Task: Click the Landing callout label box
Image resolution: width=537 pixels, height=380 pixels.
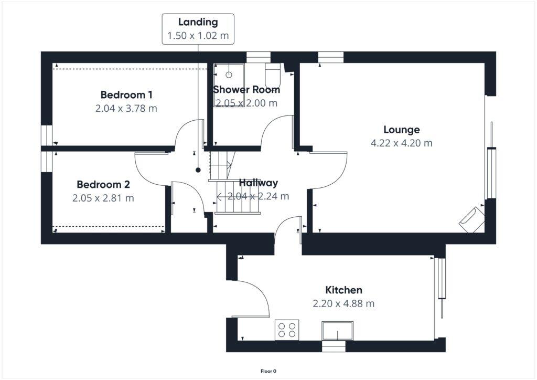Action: pyautogui.click(x=198, y=29)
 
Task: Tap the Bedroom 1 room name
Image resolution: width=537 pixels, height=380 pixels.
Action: pyautogui.click(x=126, y=95)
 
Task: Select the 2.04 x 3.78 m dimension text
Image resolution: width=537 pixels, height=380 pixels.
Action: pyautogui.click(x=126, y=109)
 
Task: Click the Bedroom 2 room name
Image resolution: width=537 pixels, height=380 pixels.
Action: pyautogui.click(x=103, y=185)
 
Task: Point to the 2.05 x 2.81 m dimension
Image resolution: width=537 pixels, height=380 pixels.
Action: pyautogui.click(x=103, y=198)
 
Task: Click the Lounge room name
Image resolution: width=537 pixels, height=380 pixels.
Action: pyautogui.click(x=401, y=130)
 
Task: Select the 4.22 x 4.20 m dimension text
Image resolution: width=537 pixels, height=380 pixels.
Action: pyautogui.click(x=401, y=143)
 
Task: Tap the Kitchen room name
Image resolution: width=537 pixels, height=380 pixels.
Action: pyautogui.click(x=343, y=290)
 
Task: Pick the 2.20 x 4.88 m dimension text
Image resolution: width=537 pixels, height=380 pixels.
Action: pyautogui.click(x=343, y=303)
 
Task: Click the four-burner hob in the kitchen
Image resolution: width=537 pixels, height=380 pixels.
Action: pyautogui.click(x=287, y=330)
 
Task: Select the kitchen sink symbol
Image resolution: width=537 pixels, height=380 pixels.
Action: pyautogui.click(x=338, y=331)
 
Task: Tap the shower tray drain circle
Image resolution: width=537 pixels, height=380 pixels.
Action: pyautogui.click(x=229, y=75)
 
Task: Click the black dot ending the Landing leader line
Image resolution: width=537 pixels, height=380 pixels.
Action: pyautogui.click(x=198, y=170)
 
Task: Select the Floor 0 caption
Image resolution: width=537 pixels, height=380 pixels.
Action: pyautogui.click(x=268, y=371)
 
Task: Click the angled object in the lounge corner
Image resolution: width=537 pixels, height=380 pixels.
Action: pyautogui.click(x=471, y=219)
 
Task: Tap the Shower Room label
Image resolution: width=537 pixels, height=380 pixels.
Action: pyautogui.click(x=246, y=90)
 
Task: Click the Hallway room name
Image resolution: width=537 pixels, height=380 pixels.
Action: pyautogui.click(x=259, y=183)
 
